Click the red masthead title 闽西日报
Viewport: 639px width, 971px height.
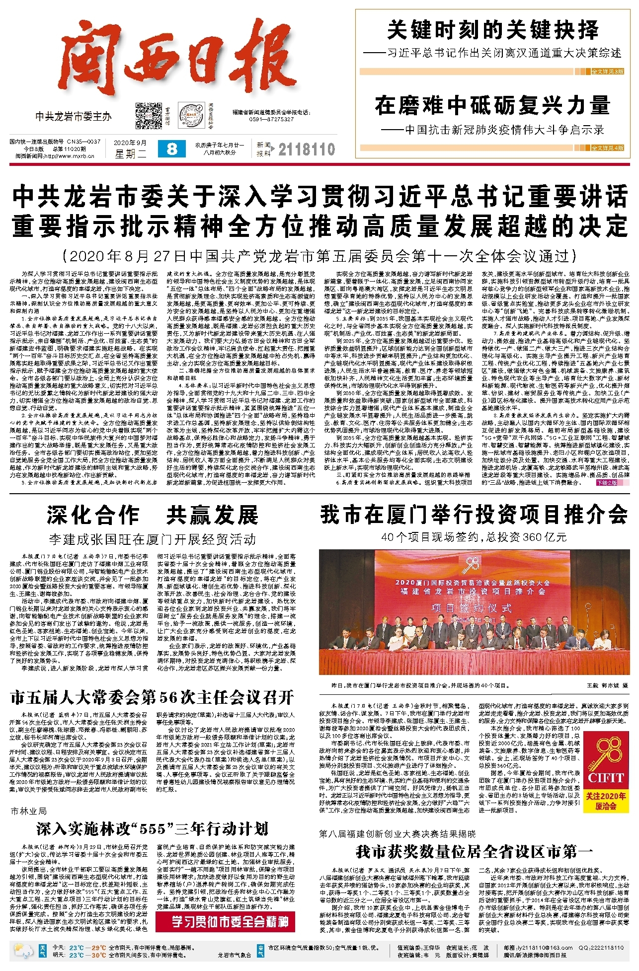coord(179,62)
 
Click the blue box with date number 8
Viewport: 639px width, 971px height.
coord(171,149)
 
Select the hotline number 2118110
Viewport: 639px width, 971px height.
coord(307,149)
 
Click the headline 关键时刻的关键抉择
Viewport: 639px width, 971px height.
coord(493,30)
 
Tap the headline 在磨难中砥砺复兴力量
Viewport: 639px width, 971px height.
coord(493,105)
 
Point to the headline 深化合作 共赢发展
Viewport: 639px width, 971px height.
coord(152,515)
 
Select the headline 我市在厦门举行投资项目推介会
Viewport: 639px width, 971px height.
coord(474,514)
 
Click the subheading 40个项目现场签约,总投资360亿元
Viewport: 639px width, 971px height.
coord(474,537)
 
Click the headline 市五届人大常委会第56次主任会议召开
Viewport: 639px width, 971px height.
coord(152,697)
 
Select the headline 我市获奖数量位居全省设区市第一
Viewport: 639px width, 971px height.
coord(474,852)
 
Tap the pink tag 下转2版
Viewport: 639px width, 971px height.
coord(607,482)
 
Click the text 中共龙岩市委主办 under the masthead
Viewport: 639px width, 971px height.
coord(74,117)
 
